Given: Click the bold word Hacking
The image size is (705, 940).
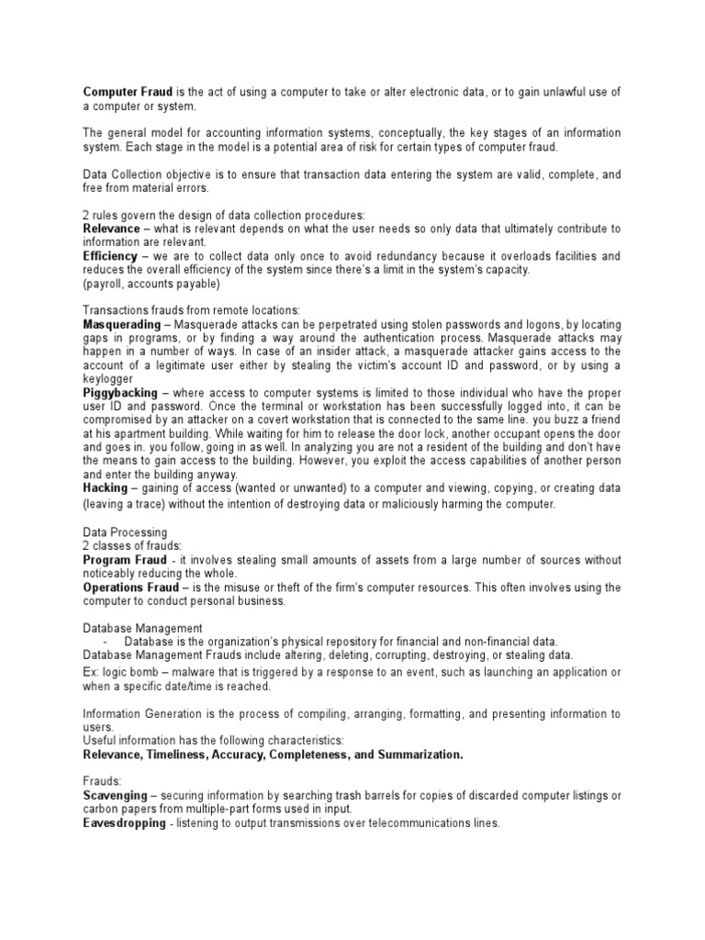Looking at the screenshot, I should pos(106,488).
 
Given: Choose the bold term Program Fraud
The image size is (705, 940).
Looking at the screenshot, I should pos(126,560).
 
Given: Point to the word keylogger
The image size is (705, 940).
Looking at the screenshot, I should pos(108,378).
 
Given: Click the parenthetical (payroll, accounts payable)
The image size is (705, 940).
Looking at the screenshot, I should pos(151,284).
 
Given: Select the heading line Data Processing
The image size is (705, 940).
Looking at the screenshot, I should pos(125,532).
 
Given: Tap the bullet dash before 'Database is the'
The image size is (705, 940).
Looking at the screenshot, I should pos(107,642).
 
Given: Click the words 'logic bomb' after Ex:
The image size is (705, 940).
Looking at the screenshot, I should pos(128,672).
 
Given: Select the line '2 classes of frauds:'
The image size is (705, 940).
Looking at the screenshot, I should pos(132,546).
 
